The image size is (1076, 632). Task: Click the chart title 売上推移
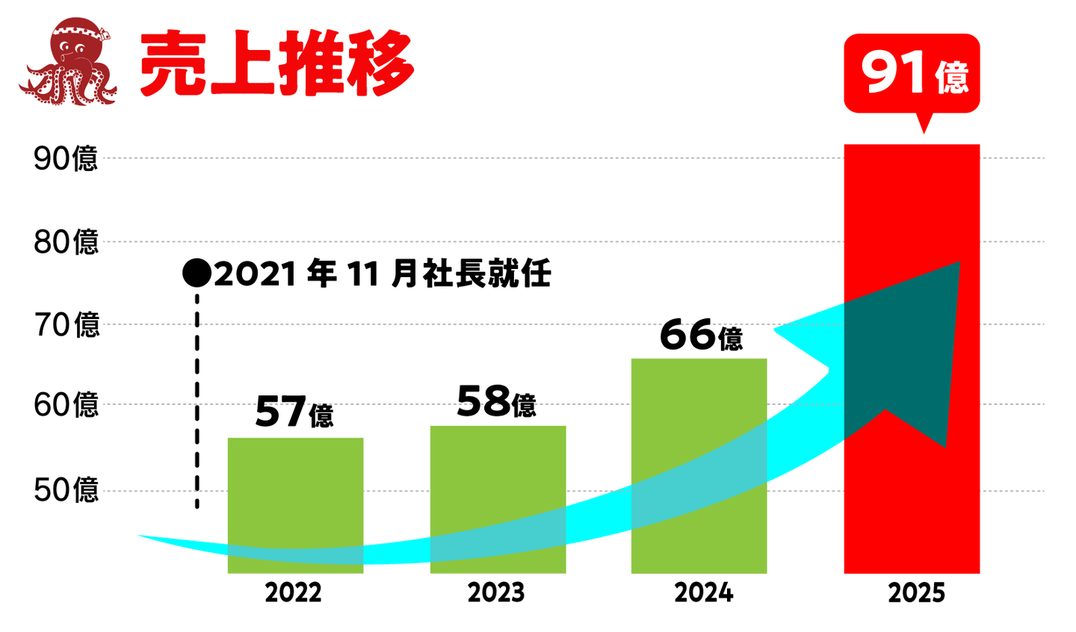coord(276,64)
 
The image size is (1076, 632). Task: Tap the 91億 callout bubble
coord(912,74)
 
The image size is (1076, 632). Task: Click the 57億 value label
coord(294,412)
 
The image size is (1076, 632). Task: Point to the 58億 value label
coord(496,402)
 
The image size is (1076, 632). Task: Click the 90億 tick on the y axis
coord(66,158)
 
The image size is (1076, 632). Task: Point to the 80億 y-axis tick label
coord(66,242)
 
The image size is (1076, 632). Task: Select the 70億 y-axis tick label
coord(66,325)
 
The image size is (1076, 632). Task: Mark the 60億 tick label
coord(66,405)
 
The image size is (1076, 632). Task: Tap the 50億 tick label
coord(66,490)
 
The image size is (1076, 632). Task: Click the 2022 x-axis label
coord(293,592)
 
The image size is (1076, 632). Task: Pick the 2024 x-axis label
coord(703,592)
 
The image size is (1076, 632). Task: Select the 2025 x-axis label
coord(916,593)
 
